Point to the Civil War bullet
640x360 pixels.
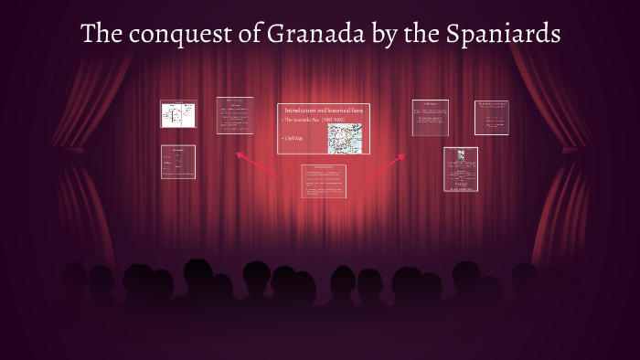click(x=293, y=140)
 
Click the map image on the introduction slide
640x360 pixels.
click(x=347, y=137)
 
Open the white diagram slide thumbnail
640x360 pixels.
click(x=178, y=115)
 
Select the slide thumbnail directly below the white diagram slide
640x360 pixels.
click(x=178, y=162)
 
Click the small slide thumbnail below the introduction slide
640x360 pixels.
click(x=324, y=181)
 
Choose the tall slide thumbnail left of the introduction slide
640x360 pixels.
click(x=235, y=116)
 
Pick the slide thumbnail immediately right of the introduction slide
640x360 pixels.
click(x=430, y=122)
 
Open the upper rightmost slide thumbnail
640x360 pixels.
click(x=491, y=118)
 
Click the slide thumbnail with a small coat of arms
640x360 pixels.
click(x=461, y=169)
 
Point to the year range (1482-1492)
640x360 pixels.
click(x=326, y=120)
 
